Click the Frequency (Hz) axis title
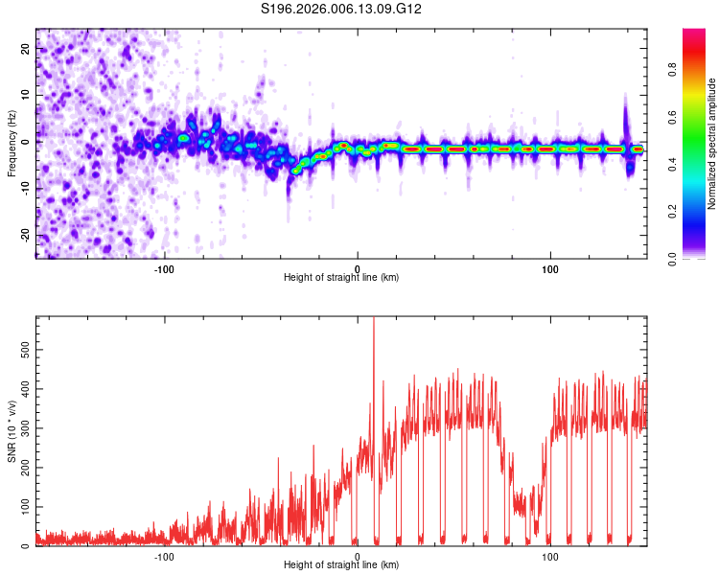(x=12, y=143)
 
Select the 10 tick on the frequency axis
(x=26, y=96)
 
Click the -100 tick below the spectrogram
(x=164, y=268)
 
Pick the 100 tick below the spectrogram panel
(x=550, y=268)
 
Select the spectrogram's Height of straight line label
(x=341, y=278)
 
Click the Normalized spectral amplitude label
(x=711, y=143)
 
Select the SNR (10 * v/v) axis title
(x=12, y=431)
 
